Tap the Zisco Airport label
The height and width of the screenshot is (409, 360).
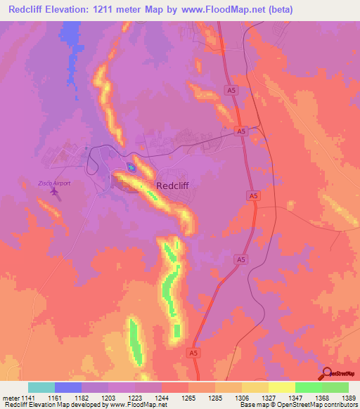coord(54,183)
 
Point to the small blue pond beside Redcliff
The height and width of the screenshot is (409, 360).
coord(131,167)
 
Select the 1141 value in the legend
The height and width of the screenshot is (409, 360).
coord(27,398)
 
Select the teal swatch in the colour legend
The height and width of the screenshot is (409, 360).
coord(41,387)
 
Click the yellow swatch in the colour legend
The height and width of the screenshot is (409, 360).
coord(281,387)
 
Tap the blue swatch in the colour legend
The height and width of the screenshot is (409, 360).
coord(67,387)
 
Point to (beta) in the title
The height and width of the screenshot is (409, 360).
coord(280,9)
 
